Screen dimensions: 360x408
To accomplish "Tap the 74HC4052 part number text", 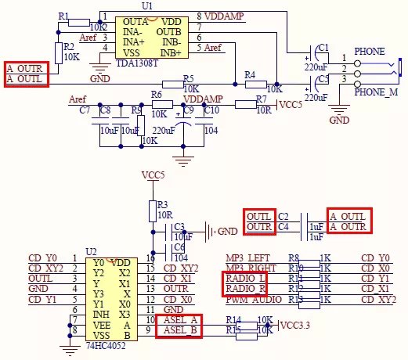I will point(105,343).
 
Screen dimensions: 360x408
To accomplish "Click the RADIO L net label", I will point(246,279).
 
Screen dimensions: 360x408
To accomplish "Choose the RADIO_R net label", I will point(246,289).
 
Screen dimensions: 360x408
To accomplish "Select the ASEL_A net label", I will point(182,321).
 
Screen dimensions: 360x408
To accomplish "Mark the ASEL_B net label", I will point(182,331).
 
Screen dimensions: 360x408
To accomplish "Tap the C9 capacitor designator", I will point(188,110).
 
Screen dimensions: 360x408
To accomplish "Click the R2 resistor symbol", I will point(57,52).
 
